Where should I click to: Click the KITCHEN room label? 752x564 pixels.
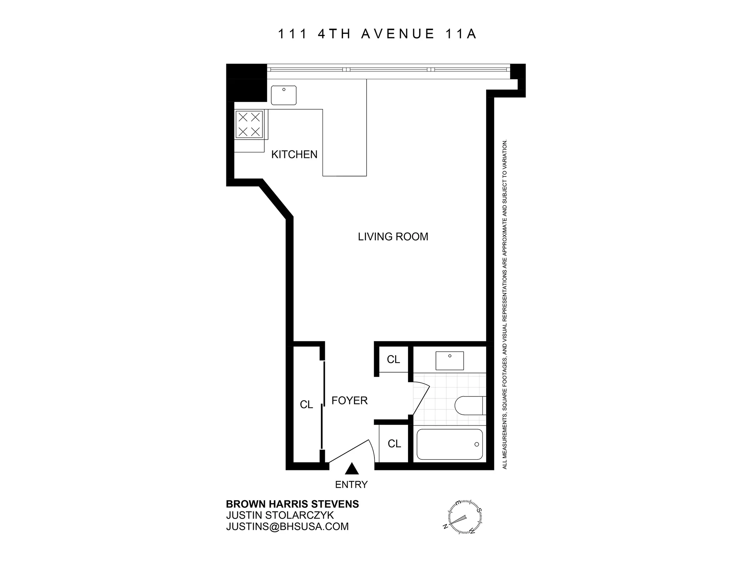tap(294, 155)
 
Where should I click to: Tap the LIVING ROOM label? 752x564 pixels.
tap(393, 237)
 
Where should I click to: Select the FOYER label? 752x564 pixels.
tap(349, 400)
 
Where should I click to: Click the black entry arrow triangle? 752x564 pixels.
tap(352, 469)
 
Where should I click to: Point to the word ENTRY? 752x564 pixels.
tap(351, 485)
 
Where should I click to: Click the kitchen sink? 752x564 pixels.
tap(284, 95)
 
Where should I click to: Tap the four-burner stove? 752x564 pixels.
tap(249, 124)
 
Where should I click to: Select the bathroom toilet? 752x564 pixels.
tap(469, 405)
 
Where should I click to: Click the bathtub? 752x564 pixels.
tap(450, 444)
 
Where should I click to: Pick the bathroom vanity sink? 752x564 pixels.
tap(449, 361)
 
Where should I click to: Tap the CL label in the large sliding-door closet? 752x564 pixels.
tap(306, 405)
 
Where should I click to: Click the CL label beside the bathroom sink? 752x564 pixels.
tap(393, 359)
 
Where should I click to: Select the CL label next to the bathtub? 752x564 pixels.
tap(394, 444)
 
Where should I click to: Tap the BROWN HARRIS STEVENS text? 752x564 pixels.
tap(292, 504)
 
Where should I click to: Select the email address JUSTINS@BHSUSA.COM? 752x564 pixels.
tap(287, 526)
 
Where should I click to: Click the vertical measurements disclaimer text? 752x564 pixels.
tap(505, 305)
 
